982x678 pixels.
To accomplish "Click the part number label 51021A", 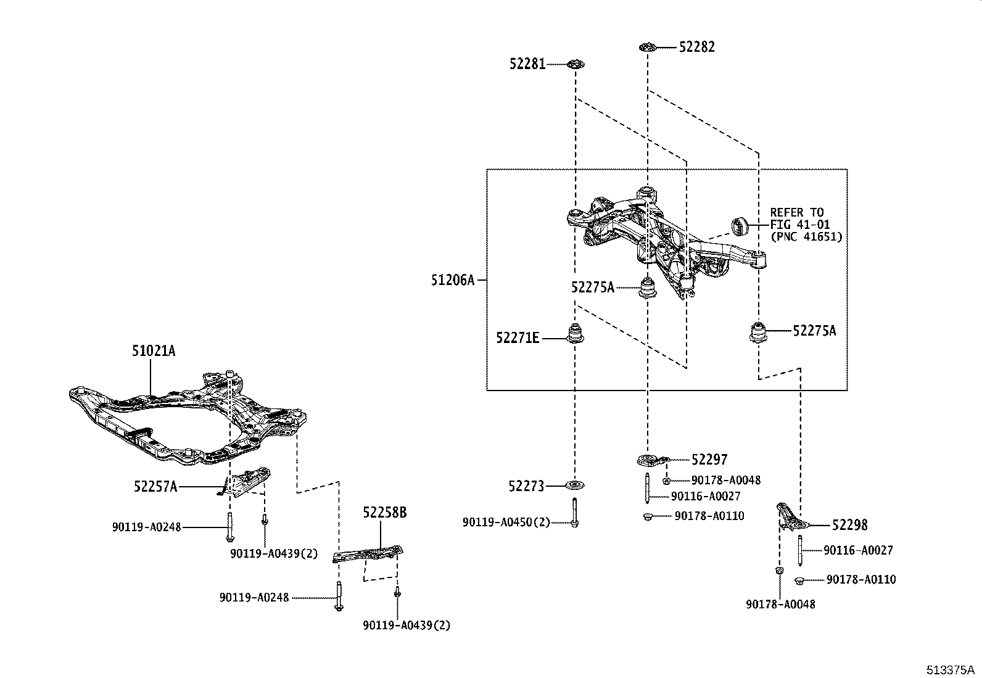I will [x=153, y=351].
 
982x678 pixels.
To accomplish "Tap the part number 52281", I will [x=527, y=64].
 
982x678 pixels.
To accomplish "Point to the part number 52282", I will [x=697, y=47].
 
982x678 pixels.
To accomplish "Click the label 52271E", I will [x=518, y=337].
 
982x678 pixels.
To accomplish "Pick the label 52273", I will [x=526, y=487].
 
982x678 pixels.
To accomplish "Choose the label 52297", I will [x=709, y=460].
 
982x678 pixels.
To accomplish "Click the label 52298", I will [x=849, y=525].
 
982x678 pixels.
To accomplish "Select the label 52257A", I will [x=155, y=487].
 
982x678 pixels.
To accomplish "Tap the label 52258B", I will [x=384, y=513].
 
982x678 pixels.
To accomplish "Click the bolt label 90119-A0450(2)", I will [x=506, y=523].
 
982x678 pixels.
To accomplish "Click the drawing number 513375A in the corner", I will [x=949, y=670].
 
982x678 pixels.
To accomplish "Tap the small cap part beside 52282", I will [x=647, y=47].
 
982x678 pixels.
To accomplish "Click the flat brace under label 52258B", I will [x=368, y=553].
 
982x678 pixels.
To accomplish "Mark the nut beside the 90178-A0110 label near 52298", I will [x=799, y=580].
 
